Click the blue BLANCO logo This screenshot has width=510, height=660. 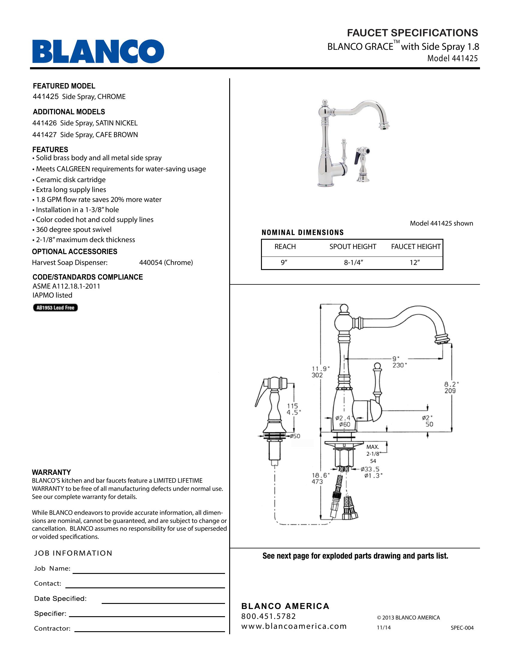click(98, 51)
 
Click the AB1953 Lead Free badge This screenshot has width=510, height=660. click(55, 307)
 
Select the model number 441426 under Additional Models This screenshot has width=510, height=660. click(44, 123)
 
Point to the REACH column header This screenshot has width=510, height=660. click(285, 247)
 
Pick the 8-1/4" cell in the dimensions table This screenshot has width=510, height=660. click(353, 262)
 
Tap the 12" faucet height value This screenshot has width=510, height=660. click(415, 262)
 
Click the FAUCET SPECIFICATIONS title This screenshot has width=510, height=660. click(412, 33)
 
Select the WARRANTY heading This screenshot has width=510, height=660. click(51, 472)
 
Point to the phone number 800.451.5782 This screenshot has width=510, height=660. click(268, 616)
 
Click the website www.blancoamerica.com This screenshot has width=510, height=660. click(294, 626)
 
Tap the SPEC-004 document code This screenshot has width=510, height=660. click(462, 628)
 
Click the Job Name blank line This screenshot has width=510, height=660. click(148, 573)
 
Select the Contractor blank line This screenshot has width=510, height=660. click(150, 631)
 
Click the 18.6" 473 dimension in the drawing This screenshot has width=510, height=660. click(317, 478)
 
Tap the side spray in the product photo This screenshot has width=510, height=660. click(363, 165)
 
